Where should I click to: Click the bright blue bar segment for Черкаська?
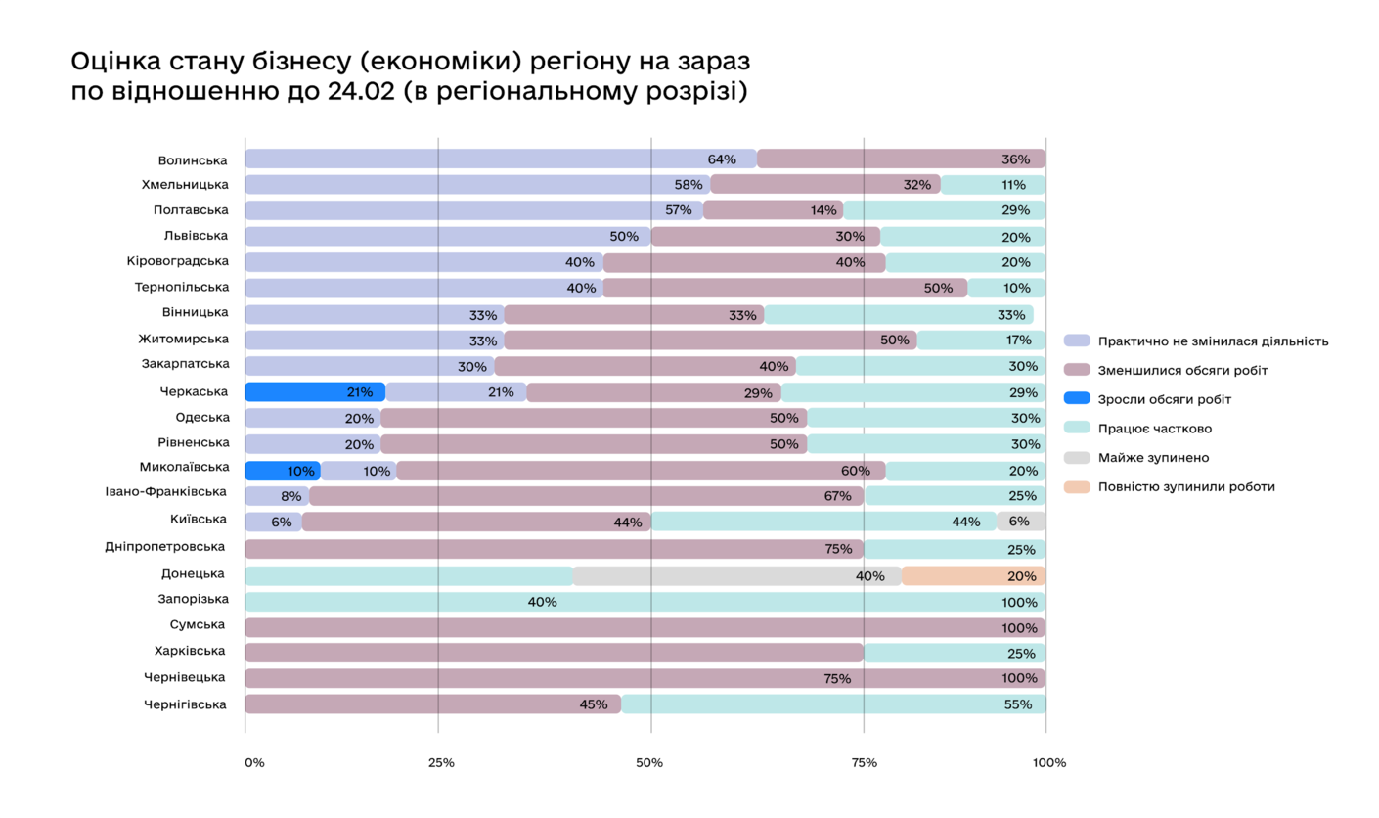coord(314,392)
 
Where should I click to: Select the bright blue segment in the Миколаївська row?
coord(282,471)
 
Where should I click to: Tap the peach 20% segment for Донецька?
coord(973,575)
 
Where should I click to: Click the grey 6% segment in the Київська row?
coord(1021,522)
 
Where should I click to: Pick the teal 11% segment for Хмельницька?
coord(993,184)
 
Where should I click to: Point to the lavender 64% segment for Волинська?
coord(500,159)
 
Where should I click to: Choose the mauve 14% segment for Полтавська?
coord(773,210)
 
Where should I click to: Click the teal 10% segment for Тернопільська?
coord(1006,288)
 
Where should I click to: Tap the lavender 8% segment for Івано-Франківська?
coord(277,496)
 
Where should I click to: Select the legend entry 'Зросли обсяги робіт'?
coord(1164,399)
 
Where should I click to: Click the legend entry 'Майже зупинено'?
coord(1153,457)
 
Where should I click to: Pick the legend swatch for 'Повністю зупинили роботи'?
coord(1076,486)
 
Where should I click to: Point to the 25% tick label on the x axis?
coord(441,762)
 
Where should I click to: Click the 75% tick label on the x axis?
coord(864,762)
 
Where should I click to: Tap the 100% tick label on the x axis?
coord(1048,762)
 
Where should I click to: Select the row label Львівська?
coord(196,236)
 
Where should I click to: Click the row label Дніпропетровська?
coord(164,547)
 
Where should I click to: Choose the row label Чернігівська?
coord(185,704)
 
